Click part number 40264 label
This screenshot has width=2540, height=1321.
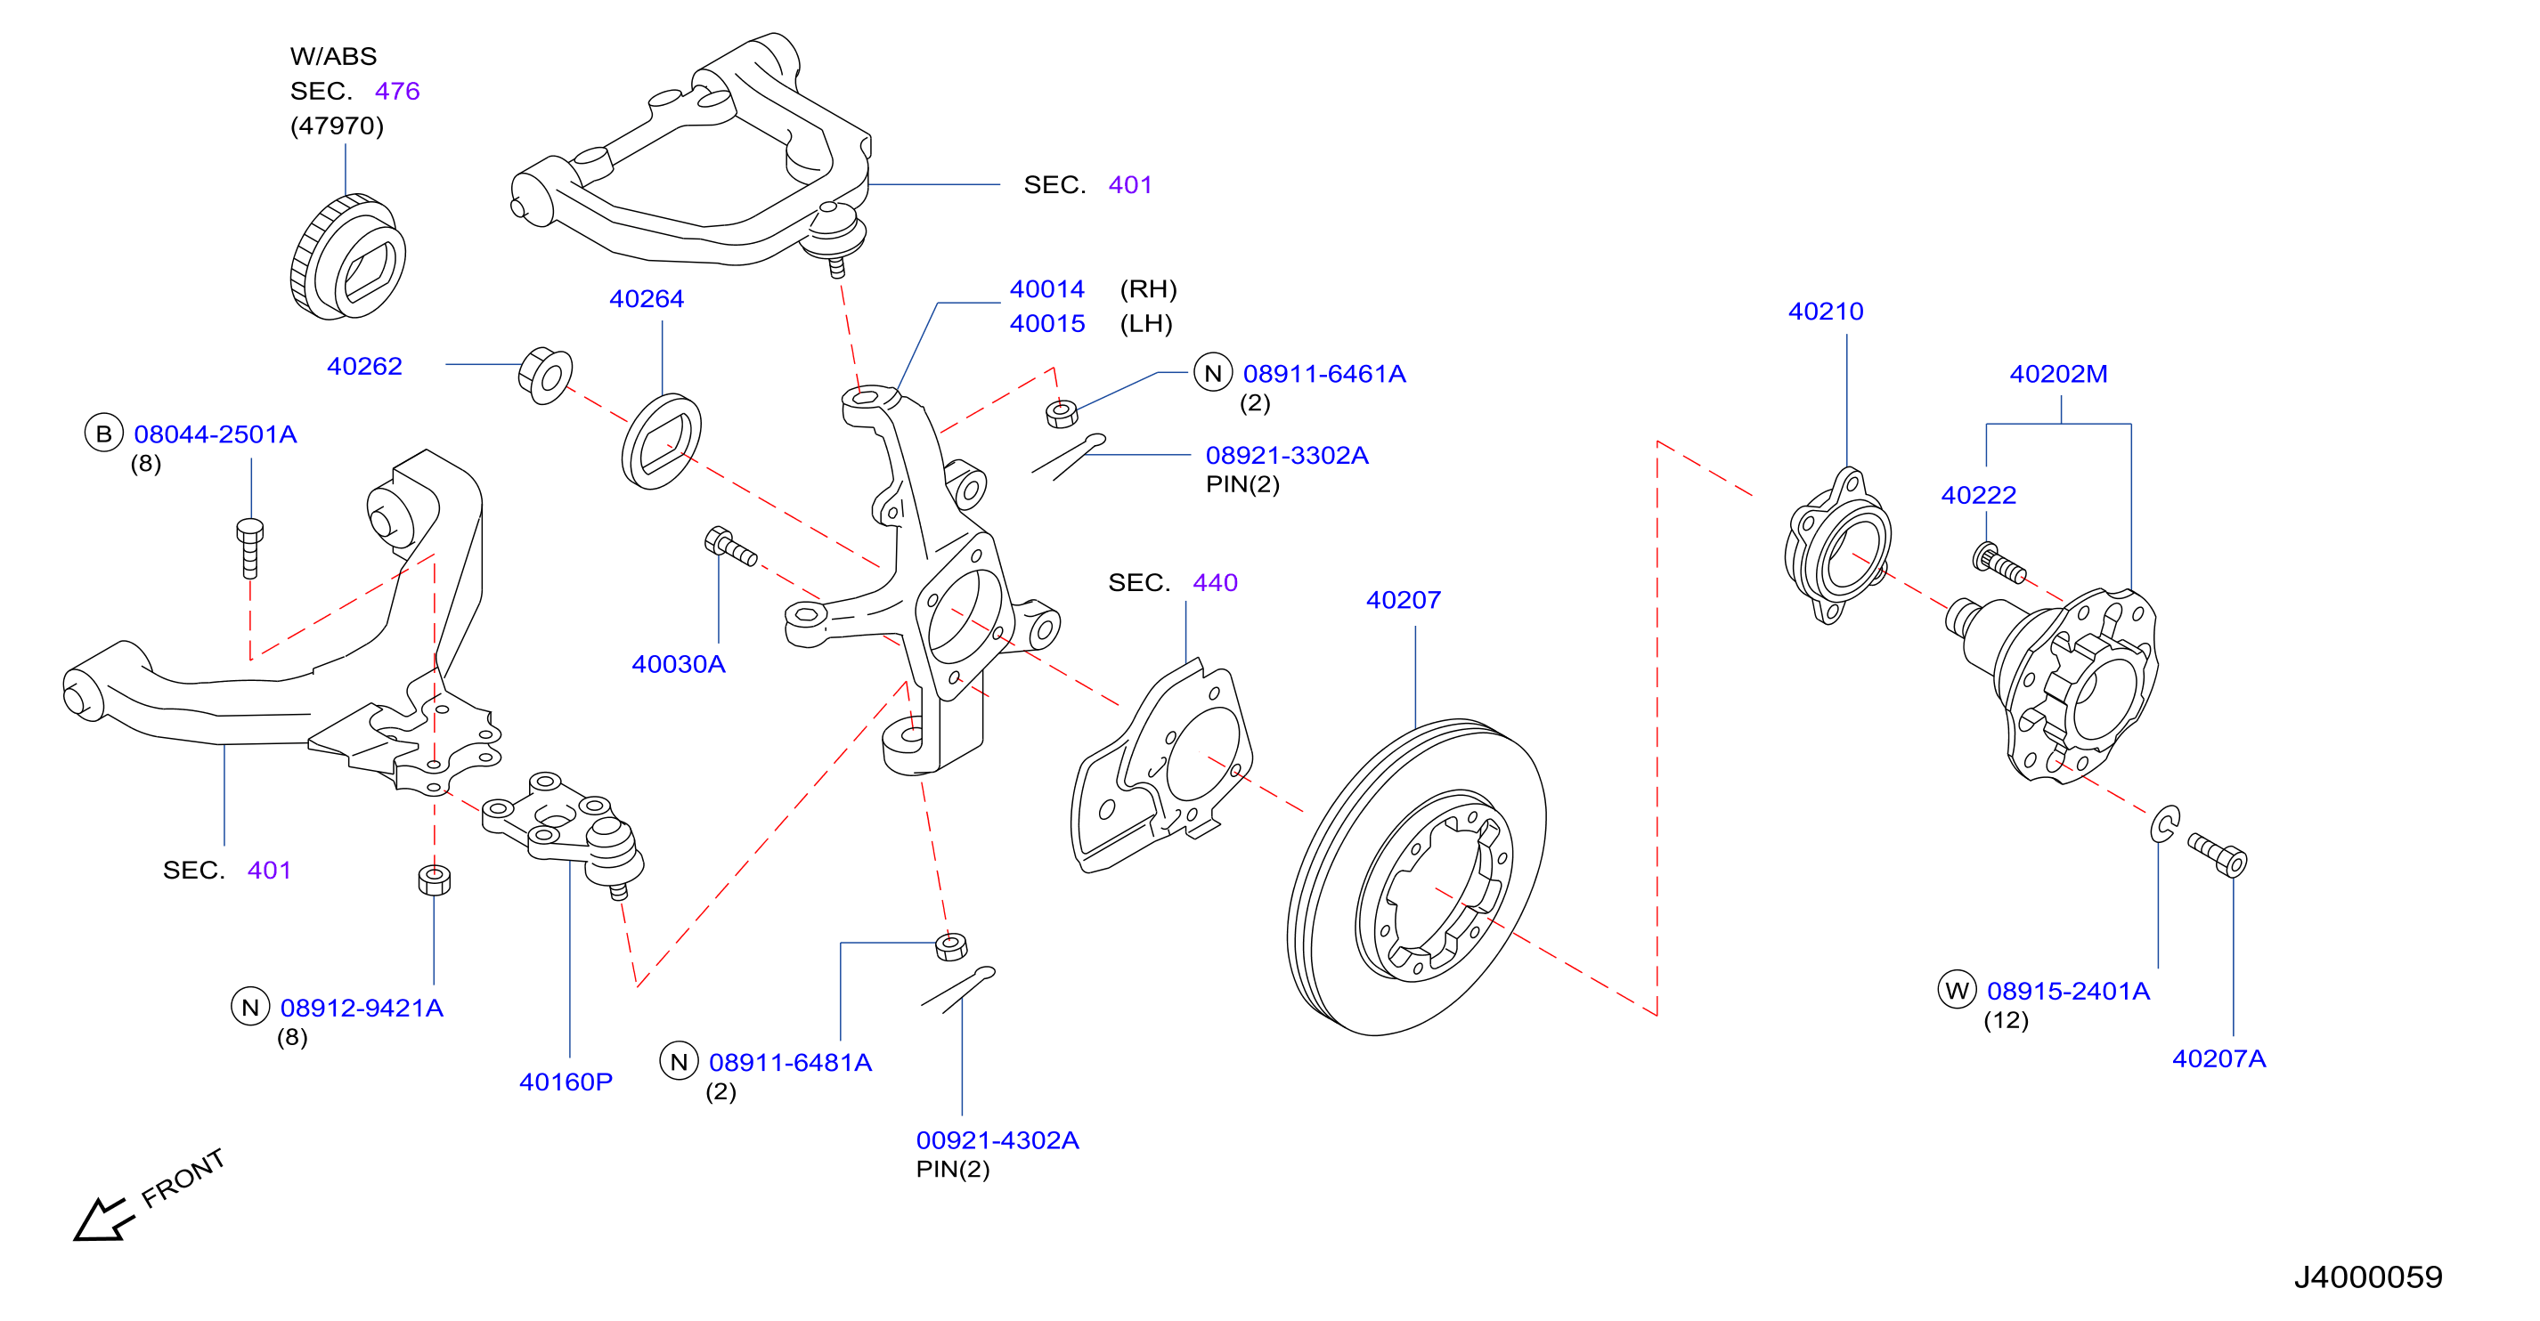click(x=646, y=299)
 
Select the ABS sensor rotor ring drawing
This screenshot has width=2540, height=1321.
click(x=348, y=256)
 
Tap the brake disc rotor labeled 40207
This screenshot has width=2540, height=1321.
click(x=1416, y=878)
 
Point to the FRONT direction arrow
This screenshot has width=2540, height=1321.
click(x=102, y=1219)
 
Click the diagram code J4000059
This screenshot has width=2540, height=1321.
click(x=2367, y=1276)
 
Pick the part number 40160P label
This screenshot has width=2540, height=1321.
click(x=566, y=1082)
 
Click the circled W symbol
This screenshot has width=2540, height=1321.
click(x=1958, y=990)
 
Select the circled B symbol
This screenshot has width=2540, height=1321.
click(x=103, y=434)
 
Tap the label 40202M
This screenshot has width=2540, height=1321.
click(x=2059, y=375)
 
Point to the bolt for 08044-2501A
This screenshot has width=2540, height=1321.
click(x=250, y=548)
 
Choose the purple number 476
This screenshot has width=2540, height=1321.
click(x=397, y=91)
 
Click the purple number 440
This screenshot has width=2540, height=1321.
click(x=1215, y=583)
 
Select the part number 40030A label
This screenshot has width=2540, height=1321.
click(x=679, y=664)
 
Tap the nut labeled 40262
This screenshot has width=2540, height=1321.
click(x=545, y=375)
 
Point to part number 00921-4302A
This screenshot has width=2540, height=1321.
click(x=997, y=1139)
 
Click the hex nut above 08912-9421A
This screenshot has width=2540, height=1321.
click(x=434, y=879)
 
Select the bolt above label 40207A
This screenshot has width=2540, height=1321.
click(x=2218, y=855)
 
